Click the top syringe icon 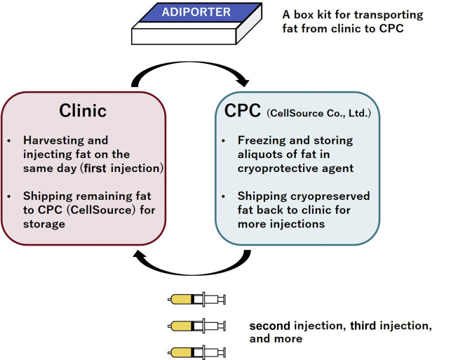198,301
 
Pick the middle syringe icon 198,326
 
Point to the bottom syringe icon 198,352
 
